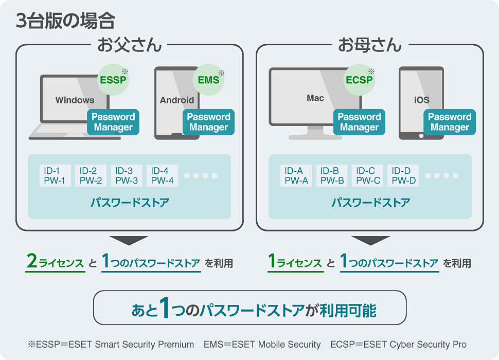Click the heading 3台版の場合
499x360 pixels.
coord(65,21)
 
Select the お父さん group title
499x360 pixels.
coord(129,45)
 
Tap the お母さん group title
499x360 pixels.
coord(369,45)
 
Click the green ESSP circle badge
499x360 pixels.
coord(113,80)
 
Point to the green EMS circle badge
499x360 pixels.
coord(208,80)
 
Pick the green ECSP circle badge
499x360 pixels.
coord(359,80)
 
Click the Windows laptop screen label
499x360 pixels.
coord(75,100)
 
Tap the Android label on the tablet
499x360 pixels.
coord(177,100)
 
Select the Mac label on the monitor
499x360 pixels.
coord(315,98)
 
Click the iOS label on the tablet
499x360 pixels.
coord(421,100)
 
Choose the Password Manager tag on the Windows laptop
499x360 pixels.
coord(113,122)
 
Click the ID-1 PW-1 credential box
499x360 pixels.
coord(55,176)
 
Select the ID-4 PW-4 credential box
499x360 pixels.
coord(163,176)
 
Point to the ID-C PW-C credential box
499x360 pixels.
coord(368,176)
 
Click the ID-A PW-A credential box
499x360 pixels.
coord(297,176)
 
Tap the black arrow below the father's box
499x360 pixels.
coord(129,241)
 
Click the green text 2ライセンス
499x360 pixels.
coord(55,263)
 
